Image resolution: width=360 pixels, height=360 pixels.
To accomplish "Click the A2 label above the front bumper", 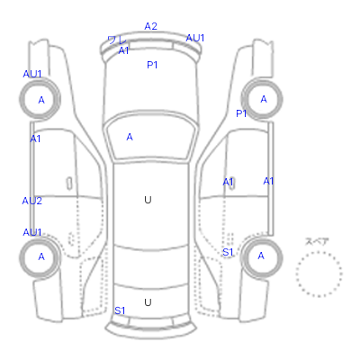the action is pos(150,26).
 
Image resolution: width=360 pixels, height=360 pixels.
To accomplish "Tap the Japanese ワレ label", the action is pos(117,40).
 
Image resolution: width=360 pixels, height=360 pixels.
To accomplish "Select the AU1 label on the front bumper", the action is pos(195,38).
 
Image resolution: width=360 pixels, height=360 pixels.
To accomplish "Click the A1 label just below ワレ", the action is pos(123,50).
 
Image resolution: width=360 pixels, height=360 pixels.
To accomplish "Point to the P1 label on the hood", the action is pos(152,65).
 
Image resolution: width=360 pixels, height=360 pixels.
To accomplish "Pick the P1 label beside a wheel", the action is pos(241,113).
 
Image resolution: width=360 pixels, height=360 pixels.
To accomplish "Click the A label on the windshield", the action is pos(130,137).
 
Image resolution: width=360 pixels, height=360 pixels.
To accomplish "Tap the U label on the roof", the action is pos(148,200).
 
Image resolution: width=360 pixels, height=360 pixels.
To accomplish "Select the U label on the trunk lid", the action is pos(148,302).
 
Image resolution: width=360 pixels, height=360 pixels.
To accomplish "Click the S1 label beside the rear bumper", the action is pos(120,310).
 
